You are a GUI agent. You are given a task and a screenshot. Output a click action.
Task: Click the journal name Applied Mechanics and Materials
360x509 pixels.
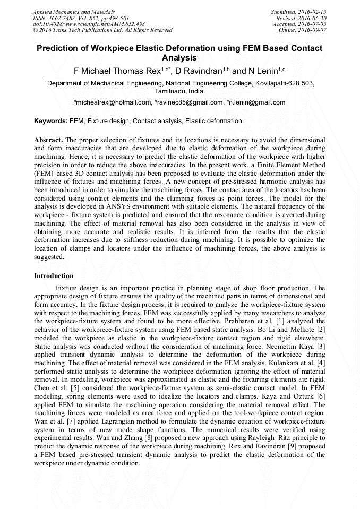coord(74,11)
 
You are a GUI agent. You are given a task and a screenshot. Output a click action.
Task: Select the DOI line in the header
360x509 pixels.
coord(89,24)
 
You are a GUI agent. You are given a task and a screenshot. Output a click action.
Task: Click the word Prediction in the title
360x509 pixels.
coord(57,48)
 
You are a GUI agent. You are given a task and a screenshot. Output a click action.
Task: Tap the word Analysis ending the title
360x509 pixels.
coord(179,58)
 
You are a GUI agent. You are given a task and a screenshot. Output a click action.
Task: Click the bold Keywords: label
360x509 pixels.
coord(50,121)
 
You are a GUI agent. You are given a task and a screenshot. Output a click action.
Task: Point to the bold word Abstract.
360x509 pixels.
coord(48,140)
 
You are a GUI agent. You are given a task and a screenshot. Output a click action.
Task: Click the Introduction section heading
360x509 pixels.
coord(54,276)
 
